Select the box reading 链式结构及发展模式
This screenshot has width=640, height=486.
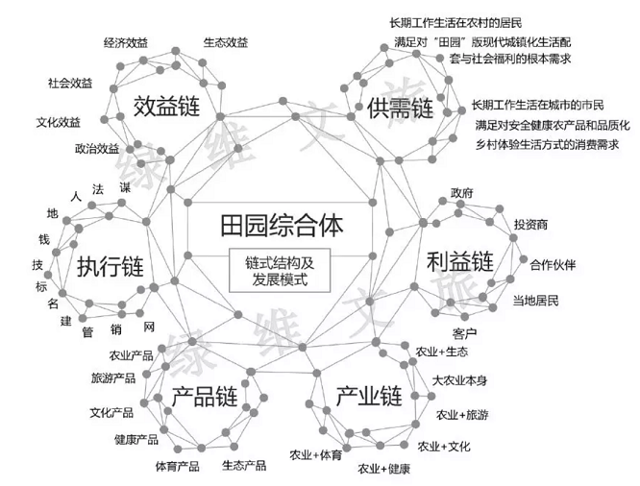pyautogui.click(x=276, y=270)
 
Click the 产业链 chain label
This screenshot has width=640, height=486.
pyautogui.click(x=369, y=396)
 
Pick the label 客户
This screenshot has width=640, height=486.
pyautogui.click(x=464, y=332)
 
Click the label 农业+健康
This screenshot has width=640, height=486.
pyautogui.click(x=384, y=469)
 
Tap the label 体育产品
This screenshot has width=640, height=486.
pyautogui.click(x=177, y=466)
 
